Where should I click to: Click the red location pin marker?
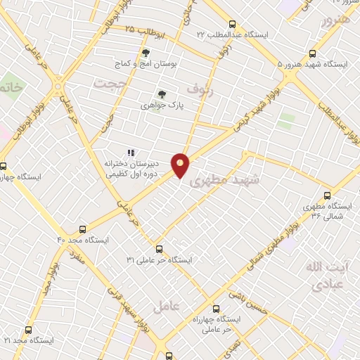tap(181, 165)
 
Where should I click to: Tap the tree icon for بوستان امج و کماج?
tap(146, 53)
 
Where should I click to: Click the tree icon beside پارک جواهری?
tap(162, 94)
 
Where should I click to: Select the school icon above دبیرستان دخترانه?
tap(130, 152)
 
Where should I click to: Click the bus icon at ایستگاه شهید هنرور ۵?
tap(312, 53)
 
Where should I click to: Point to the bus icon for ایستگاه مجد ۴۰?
tap(83, 229)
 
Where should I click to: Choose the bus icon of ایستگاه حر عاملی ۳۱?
tap(159, 249)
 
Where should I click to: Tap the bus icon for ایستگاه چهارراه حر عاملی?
tap(215, 308)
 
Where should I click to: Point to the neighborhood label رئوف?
tap(200, 87)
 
